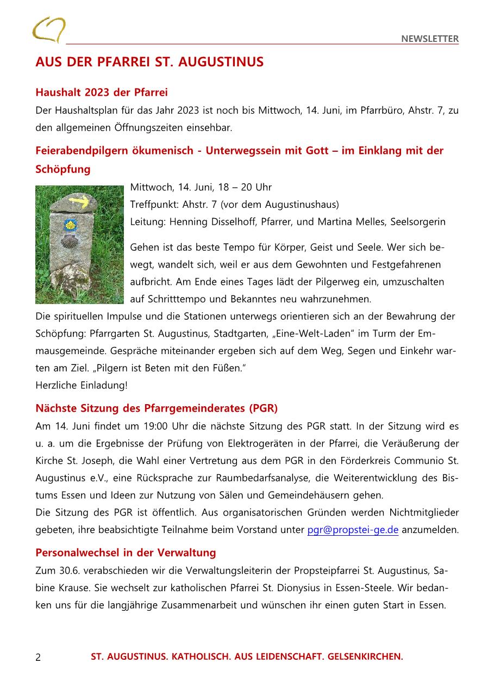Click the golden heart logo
point(48,29)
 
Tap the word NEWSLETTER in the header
point(430,39)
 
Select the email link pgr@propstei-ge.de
point(353,530)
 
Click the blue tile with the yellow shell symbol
point(70,225)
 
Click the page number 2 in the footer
point(38,657)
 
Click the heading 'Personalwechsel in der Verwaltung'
point(126,553)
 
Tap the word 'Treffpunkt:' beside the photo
point(151,205)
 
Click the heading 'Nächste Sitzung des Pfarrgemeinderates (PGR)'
point(157,408)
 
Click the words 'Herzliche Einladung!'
point(82,386)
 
